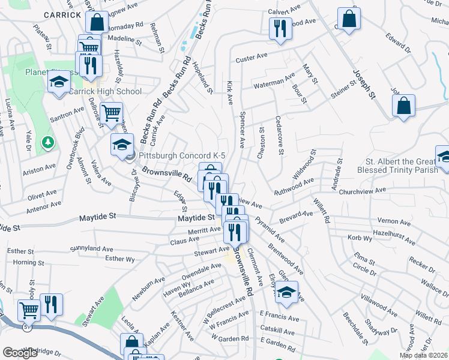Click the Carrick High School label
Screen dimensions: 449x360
click(x=105, y=91)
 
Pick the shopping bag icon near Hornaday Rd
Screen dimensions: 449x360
click(x=96, y=22)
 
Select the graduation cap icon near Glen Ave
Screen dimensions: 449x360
click(x=288, y=292)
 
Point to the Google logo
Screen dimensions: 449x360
click(x=20, y=353)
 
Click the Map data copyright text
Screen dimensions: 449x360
click(x=423, y=355)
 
